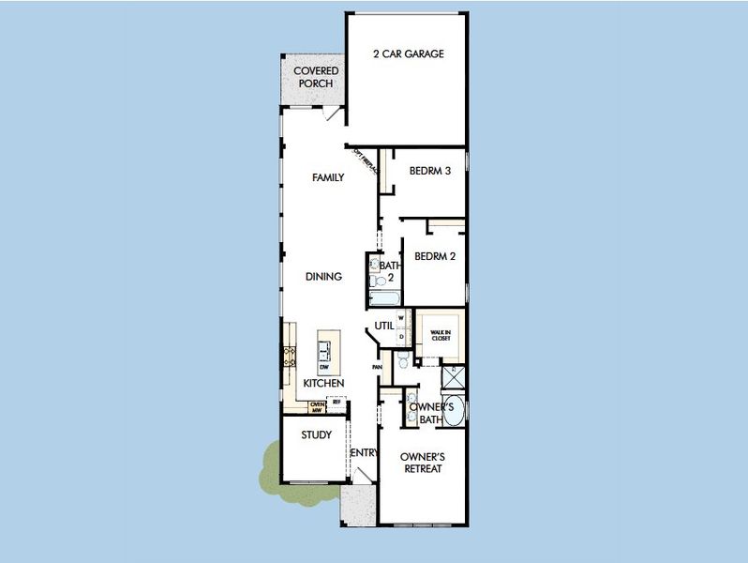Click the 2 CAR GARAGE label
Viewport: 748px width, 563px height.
click(x=408, y=53)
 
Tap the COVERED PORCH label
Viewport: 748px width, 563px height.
click(x=316, y=77)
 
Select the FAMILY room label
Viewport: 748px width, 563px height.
click(x=328, y=177)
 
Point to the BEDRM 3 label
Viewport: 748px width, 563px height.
click(x=430, y=171)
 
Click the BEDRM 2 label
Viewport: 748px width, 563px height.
click(x=435, y=256)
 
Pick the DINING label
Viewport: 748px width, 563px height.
click(x=323, y=277)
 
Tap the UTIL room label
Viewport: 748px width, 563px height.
click(x=384, y=326)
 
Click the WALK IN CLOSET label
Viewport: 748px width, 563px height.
click(x=440, y=335)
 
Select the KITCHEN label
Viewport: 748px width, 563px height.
click(x=323, y=383)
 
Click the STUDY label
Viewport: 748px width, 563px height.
click(x=316, y=435)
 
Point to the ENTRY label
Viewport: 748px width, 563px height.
click(x=363, y=453)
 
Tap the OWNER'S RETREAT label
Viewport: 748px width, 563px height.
click(x=421, y=463)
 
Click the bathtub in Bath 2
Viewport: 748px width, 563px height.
click(x=385, y=299)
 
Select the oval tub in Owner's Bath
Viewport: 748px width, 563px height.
click(x=453, y=413)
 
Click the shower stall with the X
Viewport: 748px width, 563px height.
click(x=454, y=378)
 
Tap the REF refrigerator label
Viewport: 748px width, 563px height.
click(x=337, y=402)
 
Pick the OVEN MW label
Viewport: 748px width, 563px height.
click(x=318, y=405)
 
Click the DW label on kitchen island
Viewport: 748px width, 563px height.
click(x=323, y=365)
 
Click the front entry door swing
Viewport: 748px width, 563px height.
click(x=356, y=477)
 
